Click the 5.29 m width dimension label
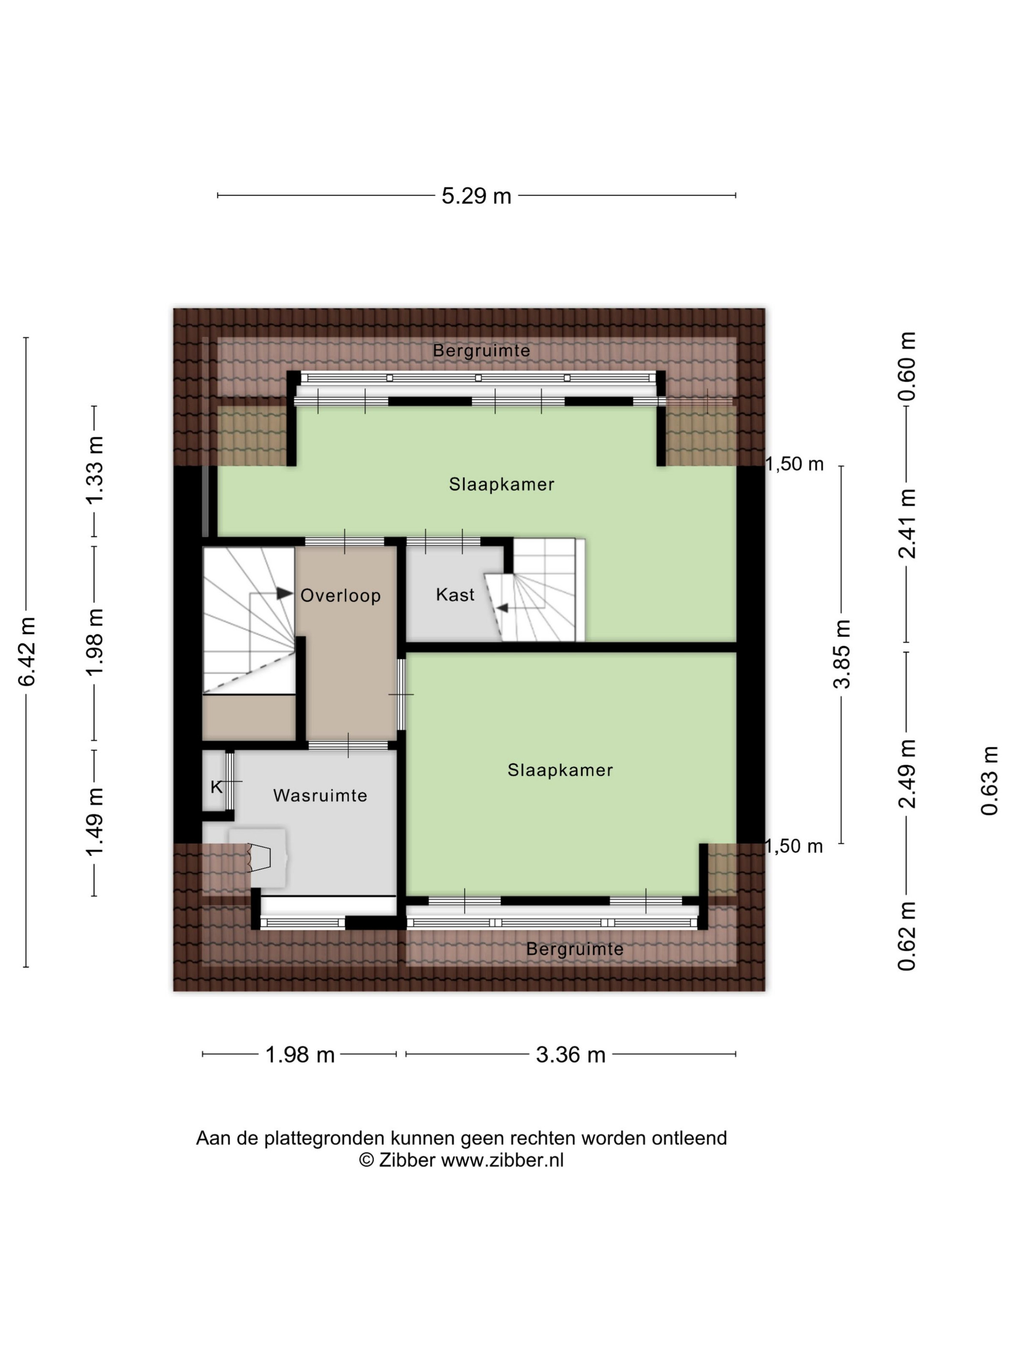tap(476, 196)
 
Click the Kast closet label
tap(455, 594)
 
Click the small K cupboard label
tap(216, 787)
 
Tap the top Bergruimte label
tap(481, 351)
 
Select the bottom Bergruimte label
tap(575, 949)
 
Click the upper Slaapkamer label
tap(502, 484)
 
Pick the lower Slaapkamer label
tap(560, 769)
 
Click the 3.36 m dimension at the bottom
tap(570, 1055)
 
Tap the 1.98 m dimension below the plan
tap(300, 1055)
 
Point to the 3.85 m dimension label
tap(842, 654)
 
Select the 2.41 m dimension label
tap(907, 524)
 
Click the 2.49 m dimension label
tap(907, 774)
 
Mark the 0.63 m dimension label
tap(989, 780)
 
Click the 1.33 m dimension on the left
tap(95, 470)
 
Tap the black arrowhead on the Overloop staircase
tap(285, 593)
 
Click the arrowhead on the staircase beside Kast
tap(504, 608)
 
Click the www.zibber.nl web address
tap(502, 1160)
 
